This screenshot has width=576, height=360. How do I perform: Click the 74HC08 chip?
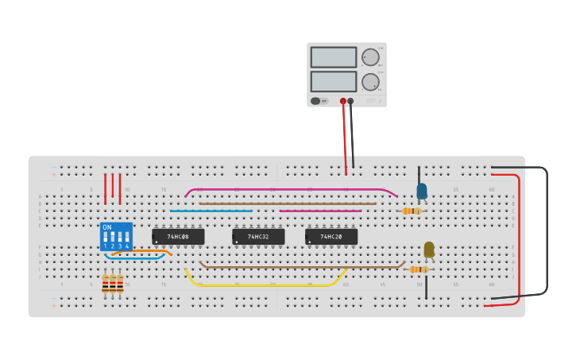pos(178,237)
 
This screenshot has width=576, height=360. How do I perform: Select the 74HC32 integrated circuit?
pos(258,237)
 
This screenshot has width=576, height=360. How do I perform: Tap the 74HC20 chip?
pos(331,237)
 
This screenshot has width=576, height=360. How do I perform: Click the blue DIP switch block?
pos(116,237)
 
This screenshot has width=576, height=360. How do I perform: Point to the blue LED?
pos(422,191)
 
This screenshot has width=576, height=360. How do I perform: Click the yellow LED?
pos(429,250)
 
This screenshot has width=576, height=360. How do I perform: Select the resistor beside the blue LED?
pos(412,211)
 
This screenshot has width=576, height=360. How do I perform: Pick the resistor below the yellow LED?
pos(419,269)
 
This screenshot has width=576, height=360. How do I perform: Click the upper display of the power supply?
pos(334,57)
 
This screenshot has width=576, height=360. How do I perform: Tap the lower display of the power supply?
pos(334,81)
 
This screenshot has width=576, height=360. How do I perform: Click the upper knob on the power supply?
pos(370,57)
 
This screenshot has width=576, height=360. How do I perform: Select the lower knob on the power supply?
pos(370,82)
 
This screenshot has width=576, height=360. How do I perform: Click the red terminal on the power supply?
pos(343,102)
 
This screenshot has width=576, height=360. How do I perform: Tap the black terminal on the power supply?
pos(350,102)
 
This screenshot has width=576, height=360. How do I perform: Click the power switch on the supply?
pos(316,101)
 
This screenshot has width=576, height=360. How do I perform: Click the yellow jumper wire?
pos(262,285)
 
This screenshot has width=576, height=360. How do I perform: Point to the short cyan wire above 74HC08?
pos(211,211)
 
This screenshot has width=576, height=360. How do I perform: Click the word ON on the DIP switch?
pos(106,227)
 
